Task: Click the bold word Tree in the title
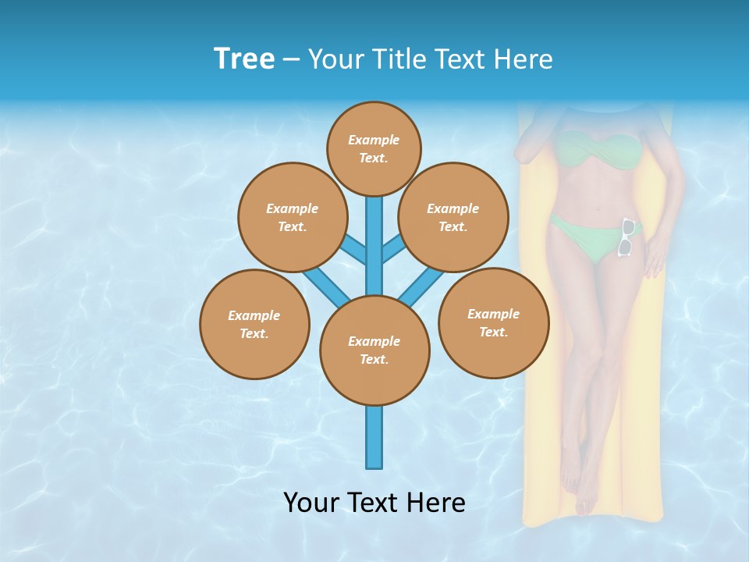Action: pyautogui.click(x=244, y=59)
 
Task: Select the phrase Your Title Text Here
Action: pyautogui.click(x=430, y=59)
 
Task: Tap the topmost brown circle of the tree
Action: pyautogui.click(x=374, y=148)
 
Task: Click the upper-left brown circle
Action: pyautogui.click(x=292, y=217)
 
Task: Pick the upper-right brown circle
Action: pyautogui.click(x=453, y=217)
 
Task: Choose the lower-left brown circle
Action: pyautogui.click(x=254, y=324)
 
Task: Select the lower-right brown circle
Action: pyautogui.click(x=493, y=322)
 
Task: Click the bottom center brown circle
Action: pyautogui.click(x=374, y=350)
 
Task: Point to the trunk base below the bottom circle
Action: pyautogui.click(x=374, y=441)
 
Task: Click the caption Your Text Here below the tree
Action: pyautogui.click(x=374, y=502)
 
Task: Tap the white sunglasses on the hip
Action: pyautogui.click(x=626, y=237)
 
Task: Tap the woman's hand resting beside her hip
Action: pyautogui.click(x=654, y=258)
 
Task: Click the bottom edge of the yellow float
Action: pyautogui.click(x=593, y=518)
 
